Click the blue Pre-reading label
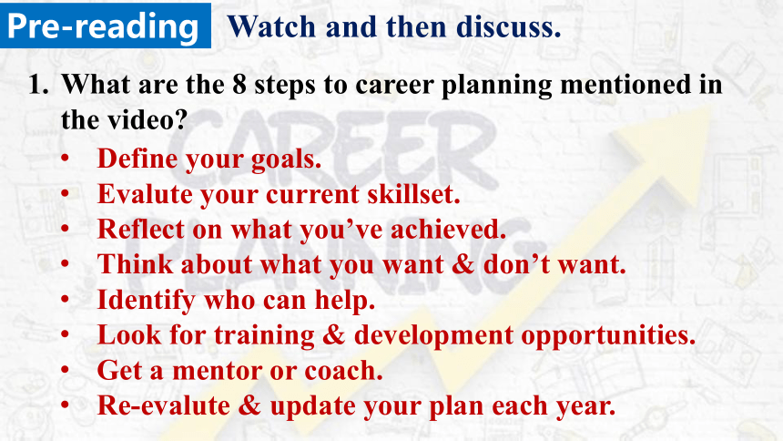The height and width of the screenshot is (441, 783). (105, 25)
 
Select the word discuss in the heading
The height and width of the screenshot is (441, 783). (506, 26)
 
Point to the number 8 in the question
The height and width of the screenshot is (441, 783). (239, 84)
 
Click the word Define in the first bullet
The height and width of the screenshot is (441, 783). (137, 159)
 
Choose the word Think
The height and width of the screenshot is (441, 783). (135, 264)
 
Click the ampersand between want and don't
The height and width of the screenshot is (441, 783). (463, 264)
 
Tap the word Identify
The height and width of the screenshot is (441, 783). (146, 301)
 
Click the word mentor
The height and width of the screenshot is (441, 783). (218, 371)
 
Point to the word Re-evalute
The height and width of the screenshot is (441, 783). (164, 405)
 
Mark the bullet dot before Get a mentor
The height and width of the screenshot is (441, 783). (65, 370)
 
